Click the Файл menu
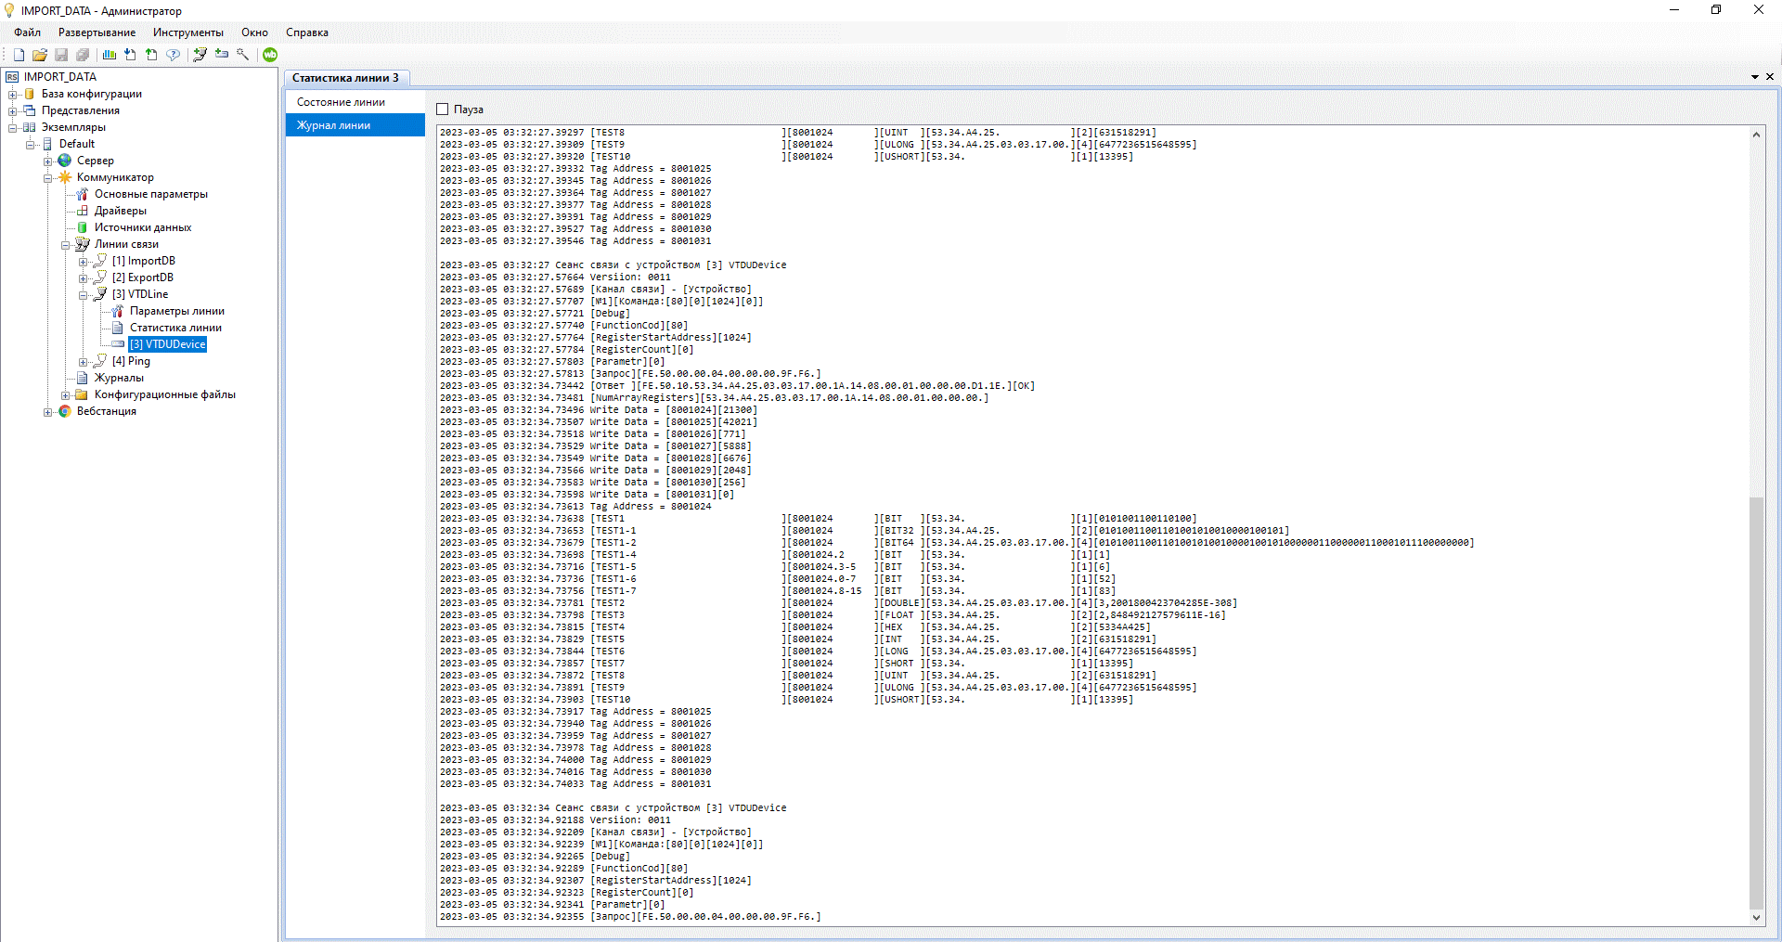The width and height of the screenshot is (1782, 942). [27, 32]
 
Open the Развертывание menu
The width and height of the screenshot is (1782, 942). [97, 32]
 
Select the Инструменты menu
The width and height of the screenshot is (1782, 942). [188, 32]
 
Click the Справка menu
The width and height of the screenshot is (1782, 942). [307, 32]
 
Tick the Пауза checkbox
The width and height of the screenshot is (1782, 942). [443, 110]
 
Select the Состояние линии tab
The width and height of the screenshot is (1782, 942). [341, 102]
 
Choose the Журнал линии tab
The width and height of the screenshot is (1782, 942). [333, 125]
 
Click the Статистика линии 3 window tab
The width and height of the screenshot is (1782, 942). [345, 78]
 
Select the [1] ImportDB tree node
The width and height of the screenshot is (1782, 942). [144, 261]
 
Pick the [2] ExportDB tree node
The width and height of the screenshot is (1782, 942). [143, 277]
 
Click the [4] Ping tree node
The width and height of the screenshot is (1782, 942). [131, 361]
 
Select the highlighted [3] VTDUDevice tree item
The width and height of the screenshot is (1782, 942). [168, 344]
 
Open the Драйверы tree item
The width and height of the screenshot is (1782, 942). [121, 211]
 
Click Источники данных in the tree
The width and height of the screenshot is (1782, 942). [143, 227]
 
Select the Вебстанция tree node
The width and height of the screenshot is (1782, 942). [107, 411]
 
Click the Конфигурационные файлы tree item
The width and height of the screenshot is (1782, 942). [165, 394]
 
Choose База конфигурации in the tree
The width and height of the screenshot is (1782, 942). [92, 94]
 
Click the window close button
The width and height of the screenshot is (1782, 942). [1758, 10]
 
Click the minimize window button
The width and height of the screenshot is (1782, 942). [1674, 10]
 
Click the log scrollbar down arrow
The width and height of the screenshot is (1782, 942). [1756, 918]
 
